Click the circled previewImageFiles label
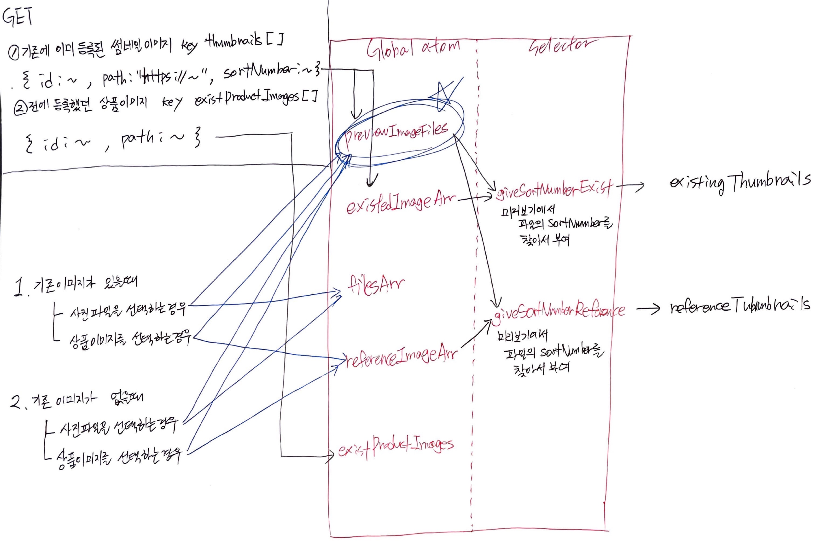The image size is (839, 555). click(396, 133)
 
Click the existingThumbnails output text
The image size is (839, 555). click(740, 182)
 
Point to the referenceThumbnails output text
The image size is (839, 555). click(740, 306)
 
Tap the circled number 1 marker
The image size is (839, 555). click(14, 53)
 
